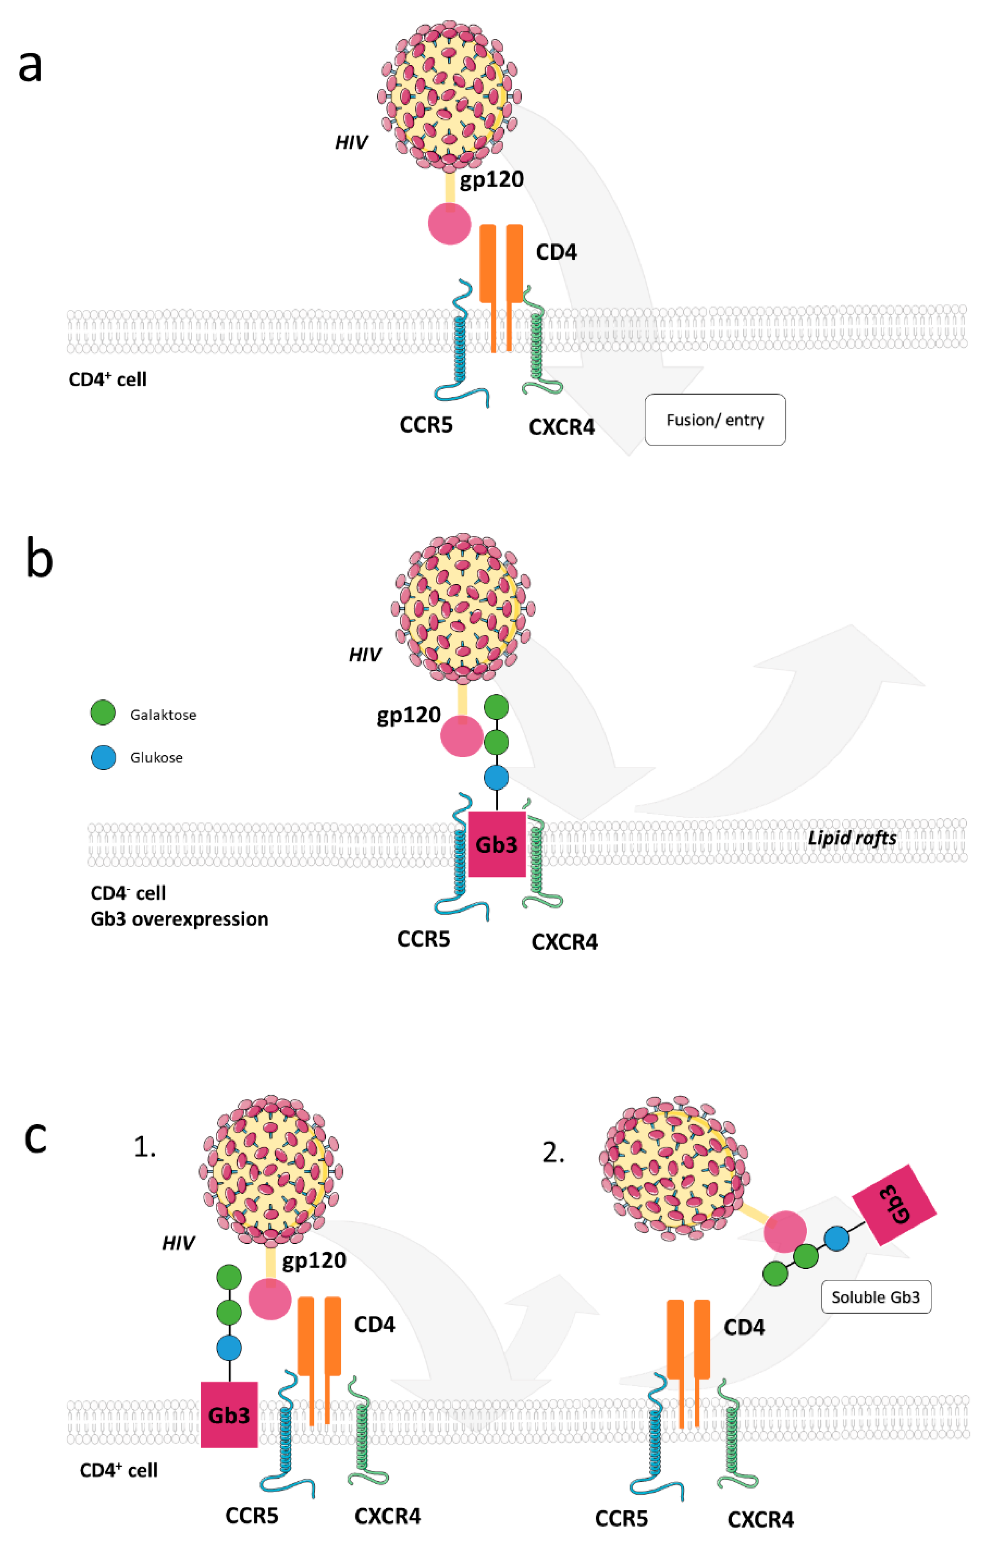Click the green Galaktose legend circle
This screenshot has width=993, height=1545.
pos(103,713)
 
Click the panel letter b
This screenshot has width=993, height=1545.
pos(39,558)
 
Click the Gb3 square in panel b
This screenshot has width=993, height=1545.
pos(496,844)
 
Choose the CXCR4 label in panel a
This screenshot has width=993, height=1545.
pos(561,427)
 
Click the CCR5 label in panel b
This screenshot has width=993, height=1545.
pos(423,939)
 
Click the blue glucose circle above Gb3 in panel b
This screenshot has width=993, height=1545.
pos(496,777)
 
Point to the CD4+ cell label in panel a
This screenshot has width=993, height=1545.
pos(108,379)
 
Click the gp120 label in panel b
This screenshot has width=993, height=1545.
pos(408,715)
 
